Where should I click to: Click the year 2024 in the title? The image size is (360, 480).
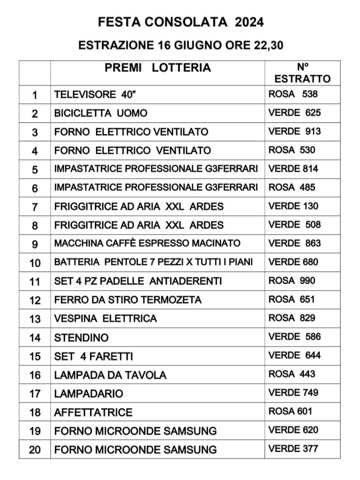tap(249, 22)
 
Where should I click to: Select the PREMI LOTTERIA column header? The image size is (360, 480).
tap(158, 68)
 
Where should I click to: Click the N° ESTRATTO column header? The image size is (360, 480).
tap(303, 73)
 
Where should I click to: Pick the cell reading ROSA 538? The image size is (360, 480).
tap(293, 94)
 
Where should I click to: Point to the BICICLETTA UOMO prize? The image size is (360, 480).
tap(101, 113)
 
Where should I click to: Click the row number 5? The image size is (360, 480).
tap(35, 170)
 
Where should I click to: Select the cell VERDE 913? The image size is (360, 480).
tap(294, 131)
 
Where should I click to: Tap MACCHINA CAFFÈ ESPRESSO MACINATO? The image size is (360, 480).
tap(147, 243)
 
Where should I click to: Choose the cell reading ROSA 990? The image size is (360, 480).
tap(292, 281)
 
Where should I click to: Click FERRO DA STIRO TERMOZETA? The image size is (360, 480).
tap(128, 300)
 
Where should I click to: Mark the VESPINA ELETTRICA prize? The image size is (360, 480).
tap(105, 318)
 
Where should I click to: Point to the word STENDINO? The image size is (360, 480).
tap(81, 338)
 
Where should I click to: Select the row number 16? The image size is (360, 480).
tap(35, 375)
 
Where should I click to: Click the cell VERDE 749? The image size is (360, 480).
tap(294, 393)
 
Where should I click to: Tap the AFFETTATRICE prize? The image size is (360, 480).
tap(93, 412)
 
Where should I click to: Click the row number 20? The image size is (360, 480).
tap(35, 450)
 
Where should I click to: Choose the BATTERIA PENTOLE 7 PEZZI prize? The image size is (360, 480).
tap(129, 262)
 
